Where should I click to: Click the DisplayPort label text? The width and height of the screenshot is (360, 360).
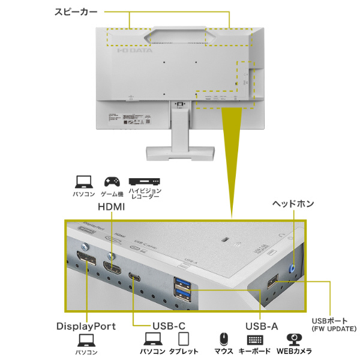(86, 326)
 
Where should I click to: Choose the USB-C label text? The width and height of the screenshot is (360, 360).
(169, 326)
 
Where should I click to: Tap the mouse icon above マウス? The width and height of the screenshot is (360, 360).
(223, 339)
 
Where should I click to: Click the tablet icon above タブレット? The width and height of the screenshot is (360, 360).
(184, 339)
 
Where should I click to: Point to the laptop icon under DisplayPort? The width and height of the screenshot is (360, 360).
(86, 341)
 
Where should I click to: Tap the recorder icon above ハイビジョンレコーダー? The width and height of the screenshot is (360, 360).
(144, 181)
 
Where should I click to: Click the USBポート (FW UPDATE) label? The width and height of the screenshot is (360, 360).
(334, 325)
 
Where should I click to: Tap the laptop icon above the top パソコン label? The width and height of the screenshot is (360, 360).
(83, 181)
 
